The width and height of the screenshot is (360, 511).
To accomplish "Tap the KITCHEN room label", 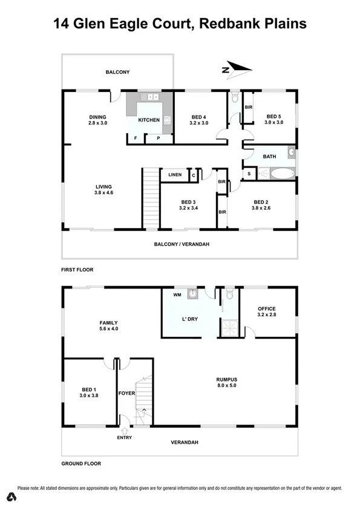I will pos(149,120).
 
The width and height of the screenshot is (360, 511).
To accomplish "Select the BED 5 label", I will pos(273,116).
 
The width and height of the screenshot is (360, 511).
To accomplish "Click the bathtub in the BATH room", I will pos(281,174).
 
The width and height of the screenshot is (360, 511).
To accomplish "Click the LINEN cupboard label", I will pos(175,175).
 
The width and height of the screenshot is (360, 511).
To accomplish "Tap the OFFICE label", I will pos(266,309).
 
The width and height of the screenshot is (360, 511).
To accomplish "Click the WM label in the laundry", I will pos(177,295).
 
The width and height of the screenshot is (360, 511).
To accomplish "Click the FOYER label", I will pos(127,394).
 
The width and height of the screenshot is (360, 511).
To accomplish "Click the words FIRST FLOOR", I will pos(77,269).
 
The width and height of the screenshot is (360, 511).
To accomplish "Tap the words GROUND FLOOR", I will pos(81,464).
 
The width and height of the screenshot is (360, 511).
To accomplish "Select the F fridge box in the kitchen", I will pos(135,138).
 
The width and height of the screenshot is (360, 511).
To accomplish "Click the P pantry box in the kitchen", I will pos(158,138).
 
